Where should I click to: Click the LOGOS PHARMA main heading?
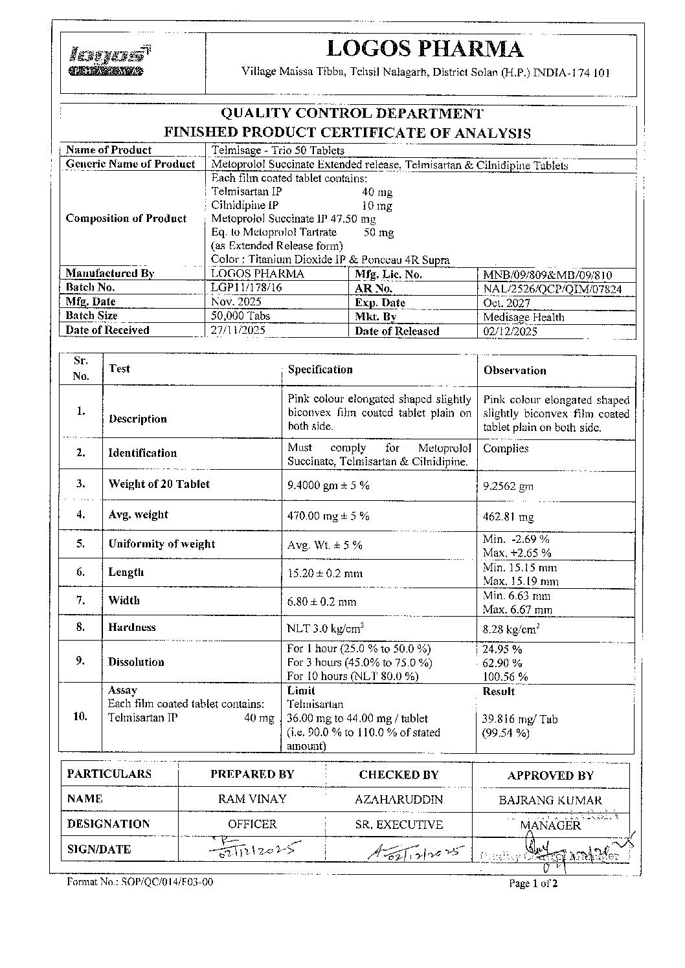point(425,49)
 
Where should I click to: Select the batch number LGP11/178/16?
point(245,287)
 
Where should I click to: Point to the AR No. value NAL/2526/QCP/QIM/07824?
point(552,289)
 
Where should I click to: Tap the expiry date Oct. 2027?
point(506,303)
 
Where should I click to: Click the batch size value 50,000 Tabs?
point(241,316)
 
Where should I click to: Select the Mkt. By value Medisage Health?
point(523,317)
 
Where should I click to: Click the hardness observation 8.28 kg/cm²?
point(511,628)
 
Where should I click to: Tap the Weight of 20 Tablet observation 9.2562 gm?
point(508,486)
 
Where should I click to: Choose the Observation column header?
point(515,371)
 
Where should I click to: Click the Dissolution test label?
point(136,662)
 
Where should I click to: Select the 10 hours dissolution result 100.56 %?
point(505,677)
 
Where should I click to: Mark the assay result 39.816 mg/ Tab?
point(520,719)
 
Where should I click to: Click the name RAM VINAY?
point(252,799)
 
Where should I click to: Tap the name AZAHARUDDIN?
point(399,800)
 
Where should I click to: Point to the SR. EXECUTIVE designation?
point(399,825)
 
